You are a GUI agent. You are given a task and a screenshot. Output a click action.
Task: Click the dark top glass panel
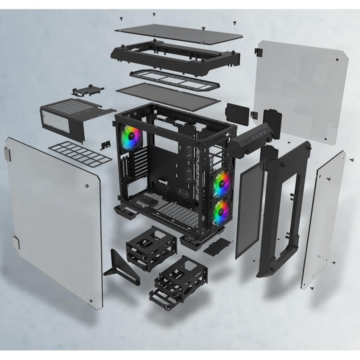pos(179,34)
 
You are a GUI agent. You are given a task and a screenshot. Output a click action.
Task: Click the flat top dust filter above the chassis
pos(168,96)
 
